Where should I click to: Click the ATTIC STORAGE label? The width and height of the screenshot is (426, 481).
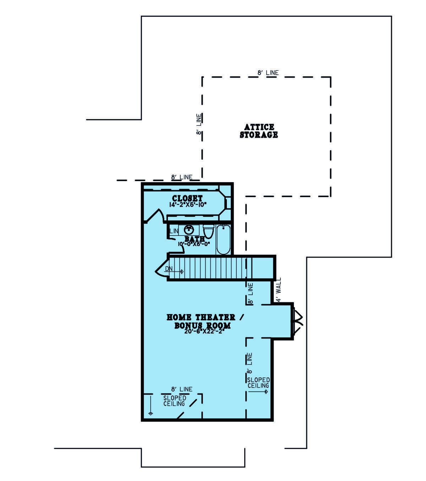pos(258,131)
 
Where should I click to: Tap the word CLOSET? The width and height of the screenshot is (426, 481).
pos(187,198)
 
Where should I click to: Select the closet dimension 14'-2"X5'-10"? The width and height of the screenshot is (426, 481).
pos(188,205)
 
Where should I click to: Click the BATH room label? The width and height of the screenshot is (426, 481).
pos(195,239)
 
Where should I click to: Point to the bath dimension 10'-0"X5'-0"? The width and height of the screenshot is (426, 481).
pos(194,244)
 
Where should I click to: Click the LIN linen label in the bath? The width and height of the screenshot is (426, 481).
pos(174,231)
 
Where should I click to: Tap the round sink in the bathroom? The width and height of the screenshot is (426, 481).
pos(189,230)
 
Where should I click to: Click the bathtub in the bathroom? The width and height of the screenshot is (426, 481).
pos(223,239)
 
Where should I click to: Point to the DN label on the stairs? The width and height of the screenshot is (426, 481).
pos(169,269)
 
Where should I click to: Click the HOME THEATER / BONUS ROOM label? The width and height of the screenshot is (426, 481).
pos(205,321)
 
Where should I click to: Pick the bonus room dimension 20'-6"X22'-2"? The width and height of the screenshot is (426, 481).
pos(204,331)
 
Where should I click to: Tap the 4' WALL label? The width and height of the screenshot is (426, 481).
pos(279,290)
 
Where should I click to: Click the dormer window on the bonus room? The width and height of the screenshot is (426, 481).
pos(297,321)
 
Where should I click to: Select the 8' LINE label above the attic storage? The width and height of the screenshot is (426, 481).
pos(268,73)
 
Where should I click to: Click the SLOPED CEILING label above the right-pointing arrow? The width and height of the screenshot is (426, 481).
pos(258,383)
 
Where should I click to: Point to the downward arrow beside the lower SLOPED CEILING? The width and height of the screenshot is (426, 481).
pos(151,408)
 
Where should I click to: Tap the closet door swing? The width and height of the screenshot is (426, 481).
pos(155,216)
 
